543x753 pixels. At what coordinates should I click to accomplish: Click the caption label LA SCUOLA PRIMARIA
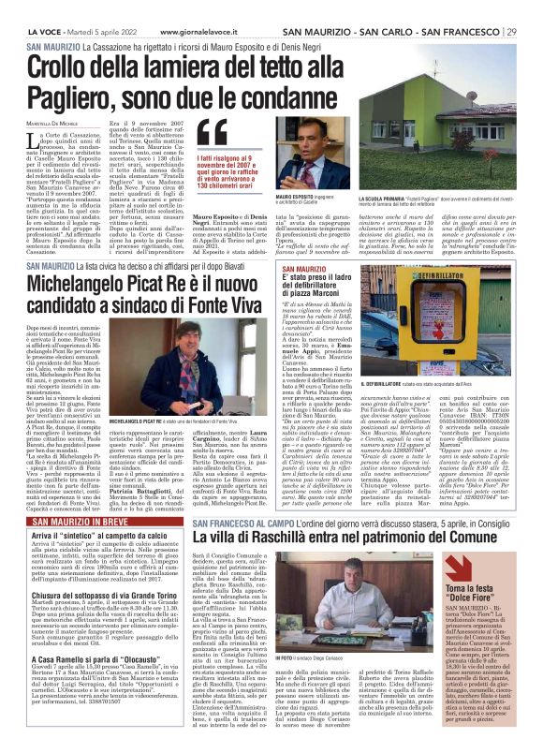click(405, 199)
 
